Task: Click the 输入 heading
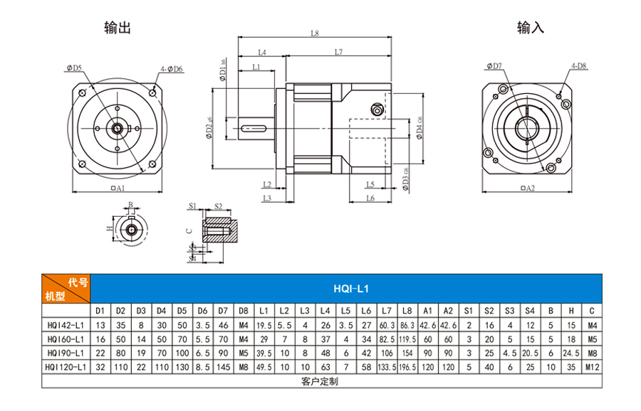pyautogui.click(x=530, y=28)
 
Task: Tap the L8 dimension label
pyautogui.click(x=314, y=33)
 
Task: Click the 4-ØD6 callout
pyautogui.click(x=171, y=69)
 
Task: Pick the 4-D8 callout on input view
pyautogui.click(x=578, y=66)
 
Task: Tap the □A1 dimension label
pyautogui.click(x=118, y=188)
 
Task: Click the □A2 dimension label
pyautogui.click(x=528, y=188)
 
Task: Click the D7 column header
pyautogui.click(x=223, y=311)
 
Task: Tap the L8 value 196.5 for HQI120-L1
pyautogui.click(x=407, y=367)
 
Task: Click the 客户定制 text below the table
pyautogui.click(x=320, y=381)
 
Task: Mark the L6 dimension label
pyautogui.click(x=370, y=198)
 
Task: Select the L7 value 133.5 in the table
pyautogui.click(x=387, y=367)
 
